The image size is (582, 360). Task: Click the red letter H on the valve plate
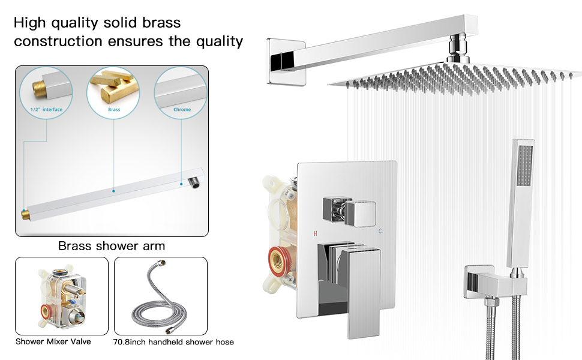coord(315,232)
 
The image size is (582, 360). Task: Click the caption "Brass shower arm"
coord(112,246)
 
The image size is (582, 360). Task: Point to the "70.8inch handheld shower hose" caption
coord(174,342)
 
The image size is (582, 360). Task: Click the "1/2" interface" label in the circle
coord(46,110)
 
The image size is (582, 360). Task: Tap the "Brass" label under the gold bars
coord(114,110)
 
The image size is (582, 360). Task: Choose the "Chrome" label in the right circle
coord(182,110)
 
